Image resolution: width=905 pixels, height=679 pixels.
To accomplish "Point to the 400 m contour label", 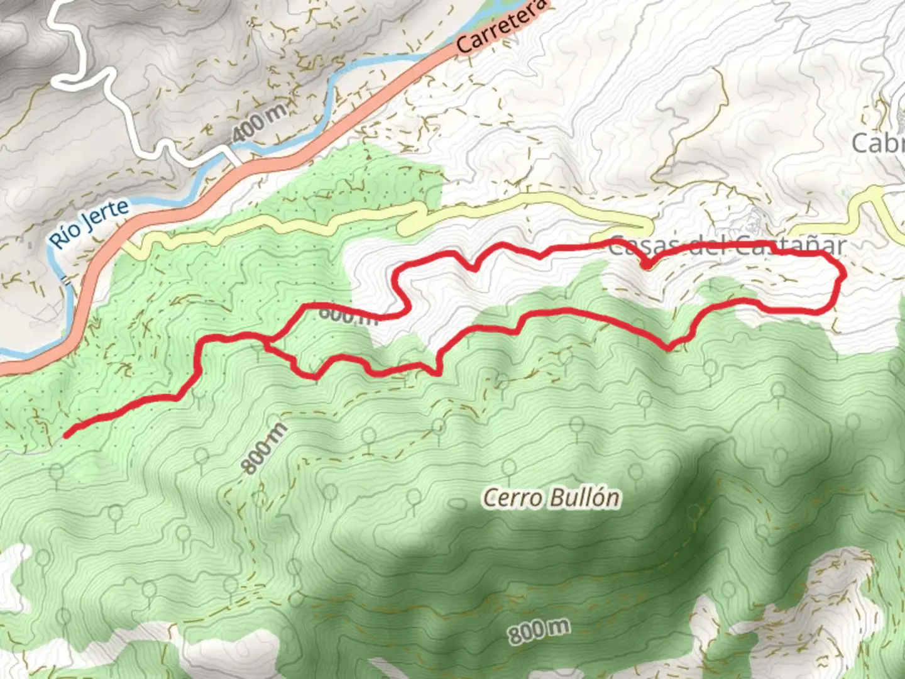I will coord(259,123).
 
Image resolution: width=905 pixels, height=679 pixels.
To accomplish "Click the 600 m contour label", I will coord(348,314).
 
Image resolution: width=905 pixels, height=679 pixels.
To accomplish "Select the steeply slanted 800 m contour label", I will coord(264,448).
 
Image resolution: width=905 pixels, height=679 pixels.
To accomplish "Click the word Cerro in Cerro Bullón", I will coord(512,499).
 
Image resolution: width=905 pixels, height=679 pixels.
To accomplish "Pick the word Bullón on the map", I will coord(585,497).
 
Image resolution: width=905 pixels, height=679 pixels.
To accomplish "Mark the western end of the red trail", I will coord(67,434).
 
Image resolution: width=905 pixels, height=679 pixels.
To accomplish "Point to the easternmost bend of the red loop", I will coord(841,275).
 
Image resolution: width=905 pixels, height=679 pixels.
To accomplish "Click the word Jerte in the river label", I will coord(110,214).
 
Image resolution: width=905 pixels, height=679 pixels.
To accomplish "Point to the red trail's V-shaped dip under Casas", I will coord(646,266).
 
